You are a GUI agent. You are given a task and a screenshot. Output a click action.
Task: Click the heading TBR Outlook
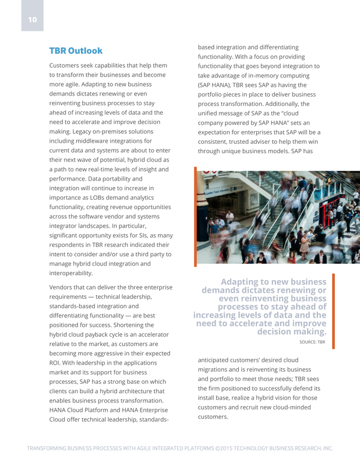click(x=76, y=51)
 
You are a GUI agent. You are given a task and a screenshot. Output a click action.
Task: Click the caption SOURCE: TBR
click(x=312, y=343)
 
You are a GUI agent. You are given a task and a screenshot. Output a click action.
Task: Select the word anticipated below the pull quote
click(x=218, y=359)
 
